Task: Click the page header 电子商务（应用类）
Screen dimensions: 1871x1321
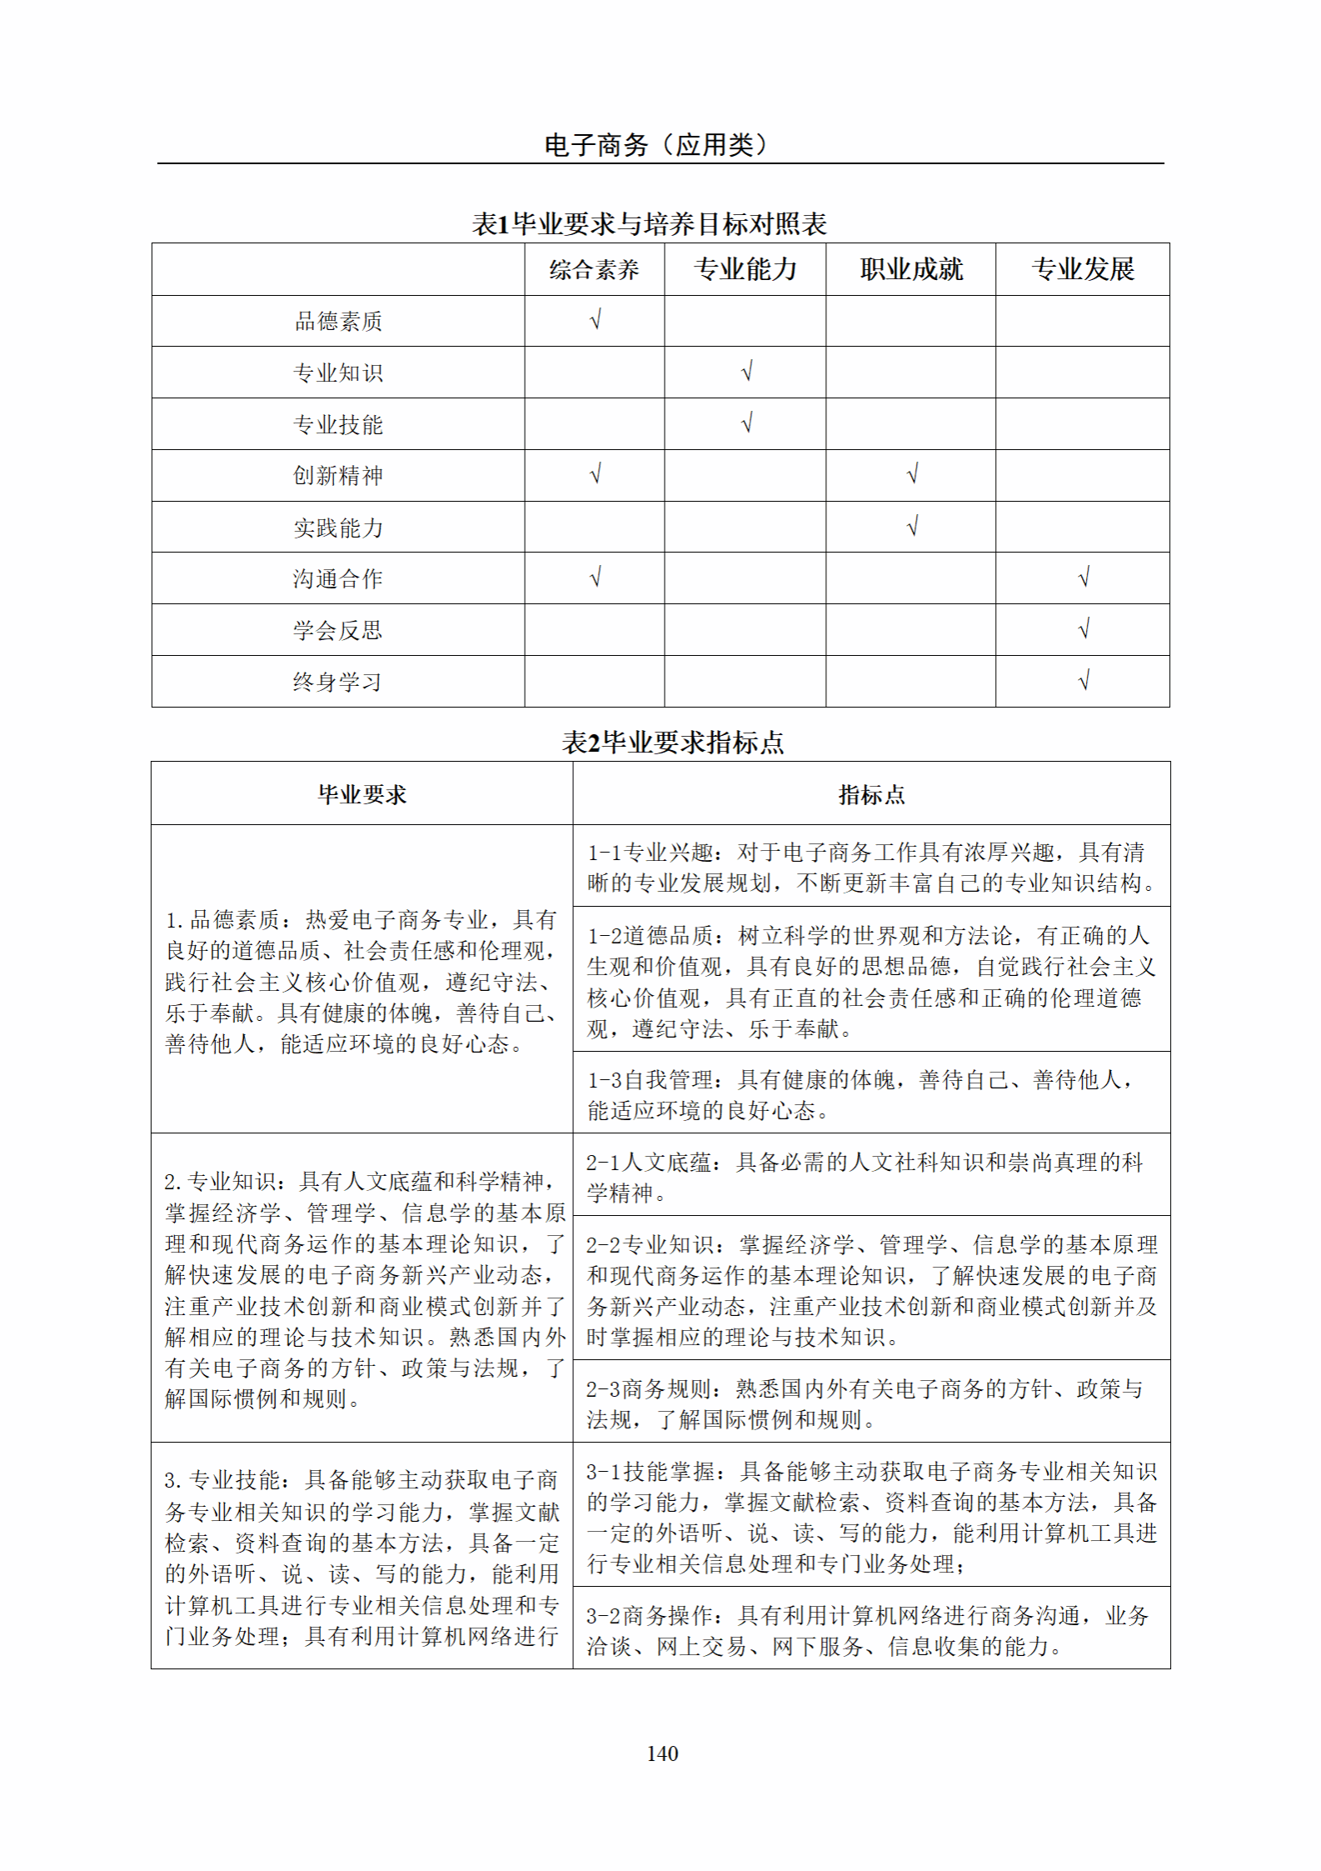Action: tap(656, 145)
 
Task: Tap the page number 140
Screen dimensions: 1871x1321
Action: tap(662, 1753)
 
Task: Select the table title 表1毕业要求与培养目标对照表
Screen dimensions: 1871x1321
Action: tap(649, 223)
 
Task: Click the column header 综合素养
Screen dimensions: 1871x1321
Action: tap(594, 269)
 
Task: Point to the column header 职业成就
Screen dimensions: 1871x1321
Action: tap(911, 269)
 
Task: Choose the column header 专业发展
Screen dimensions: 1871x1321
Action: tap(1082, 269)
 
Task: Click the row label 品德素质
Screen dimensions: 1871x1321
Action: tap(338, 321)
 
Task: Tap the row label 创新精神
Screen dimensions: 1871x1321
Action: tap(338, 476)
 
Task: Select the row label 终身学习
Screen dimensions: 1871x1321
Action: tap(338, 682)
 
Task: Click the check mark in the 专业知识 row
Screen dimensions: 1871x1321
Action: tap(746, 372)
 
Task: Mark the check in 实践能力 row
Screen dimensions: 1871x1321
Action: tap(912, 527)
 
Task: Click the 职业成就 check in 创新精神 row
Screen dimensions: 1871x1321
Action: tap(912, 475)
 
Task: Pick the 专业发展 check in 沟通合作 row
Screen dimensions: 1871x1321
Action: tap(1084, 578)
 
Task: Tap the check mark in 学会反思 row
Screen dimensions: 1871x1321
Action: tap(1084, 629)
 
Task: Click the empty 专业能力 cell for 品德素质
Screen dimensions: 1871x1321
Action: tap(745, 321)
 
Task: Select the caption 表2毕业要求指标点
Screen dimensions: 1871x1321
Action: tap(672, 742)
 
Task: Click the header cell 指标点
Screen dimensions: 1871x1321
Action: tap(871, 794)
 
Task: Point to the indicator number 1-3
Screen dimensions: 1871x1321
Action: tap(604, 1080)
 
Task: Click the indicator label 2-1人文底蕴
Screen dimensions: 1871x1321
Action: tap(648, 1163)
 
